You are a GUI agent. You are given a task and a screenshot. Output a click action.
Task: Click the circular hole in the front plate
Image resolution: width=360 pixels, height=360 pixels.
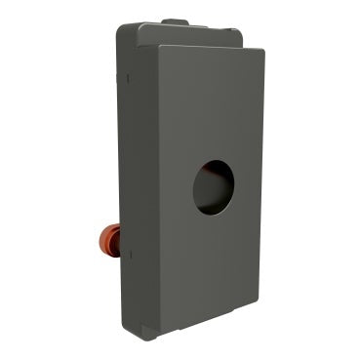click(215, 186)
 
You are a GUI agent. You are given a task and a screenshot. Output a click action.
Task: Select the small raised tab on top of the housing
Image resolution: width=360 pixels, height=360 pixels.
click(175, 20)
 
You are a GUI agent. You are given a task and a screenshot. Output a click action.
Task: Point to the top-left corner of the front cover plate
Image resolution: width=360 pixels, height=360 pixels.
click(156, 48)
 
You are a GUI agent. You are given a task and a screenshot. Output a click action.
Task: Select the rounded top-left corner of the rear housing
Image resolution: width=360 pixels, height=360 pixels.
click(121, 29)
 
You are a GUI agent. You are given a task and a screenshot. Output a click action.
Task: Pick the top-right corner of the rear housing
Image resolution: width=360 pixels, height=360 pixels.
click(239, 29)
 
